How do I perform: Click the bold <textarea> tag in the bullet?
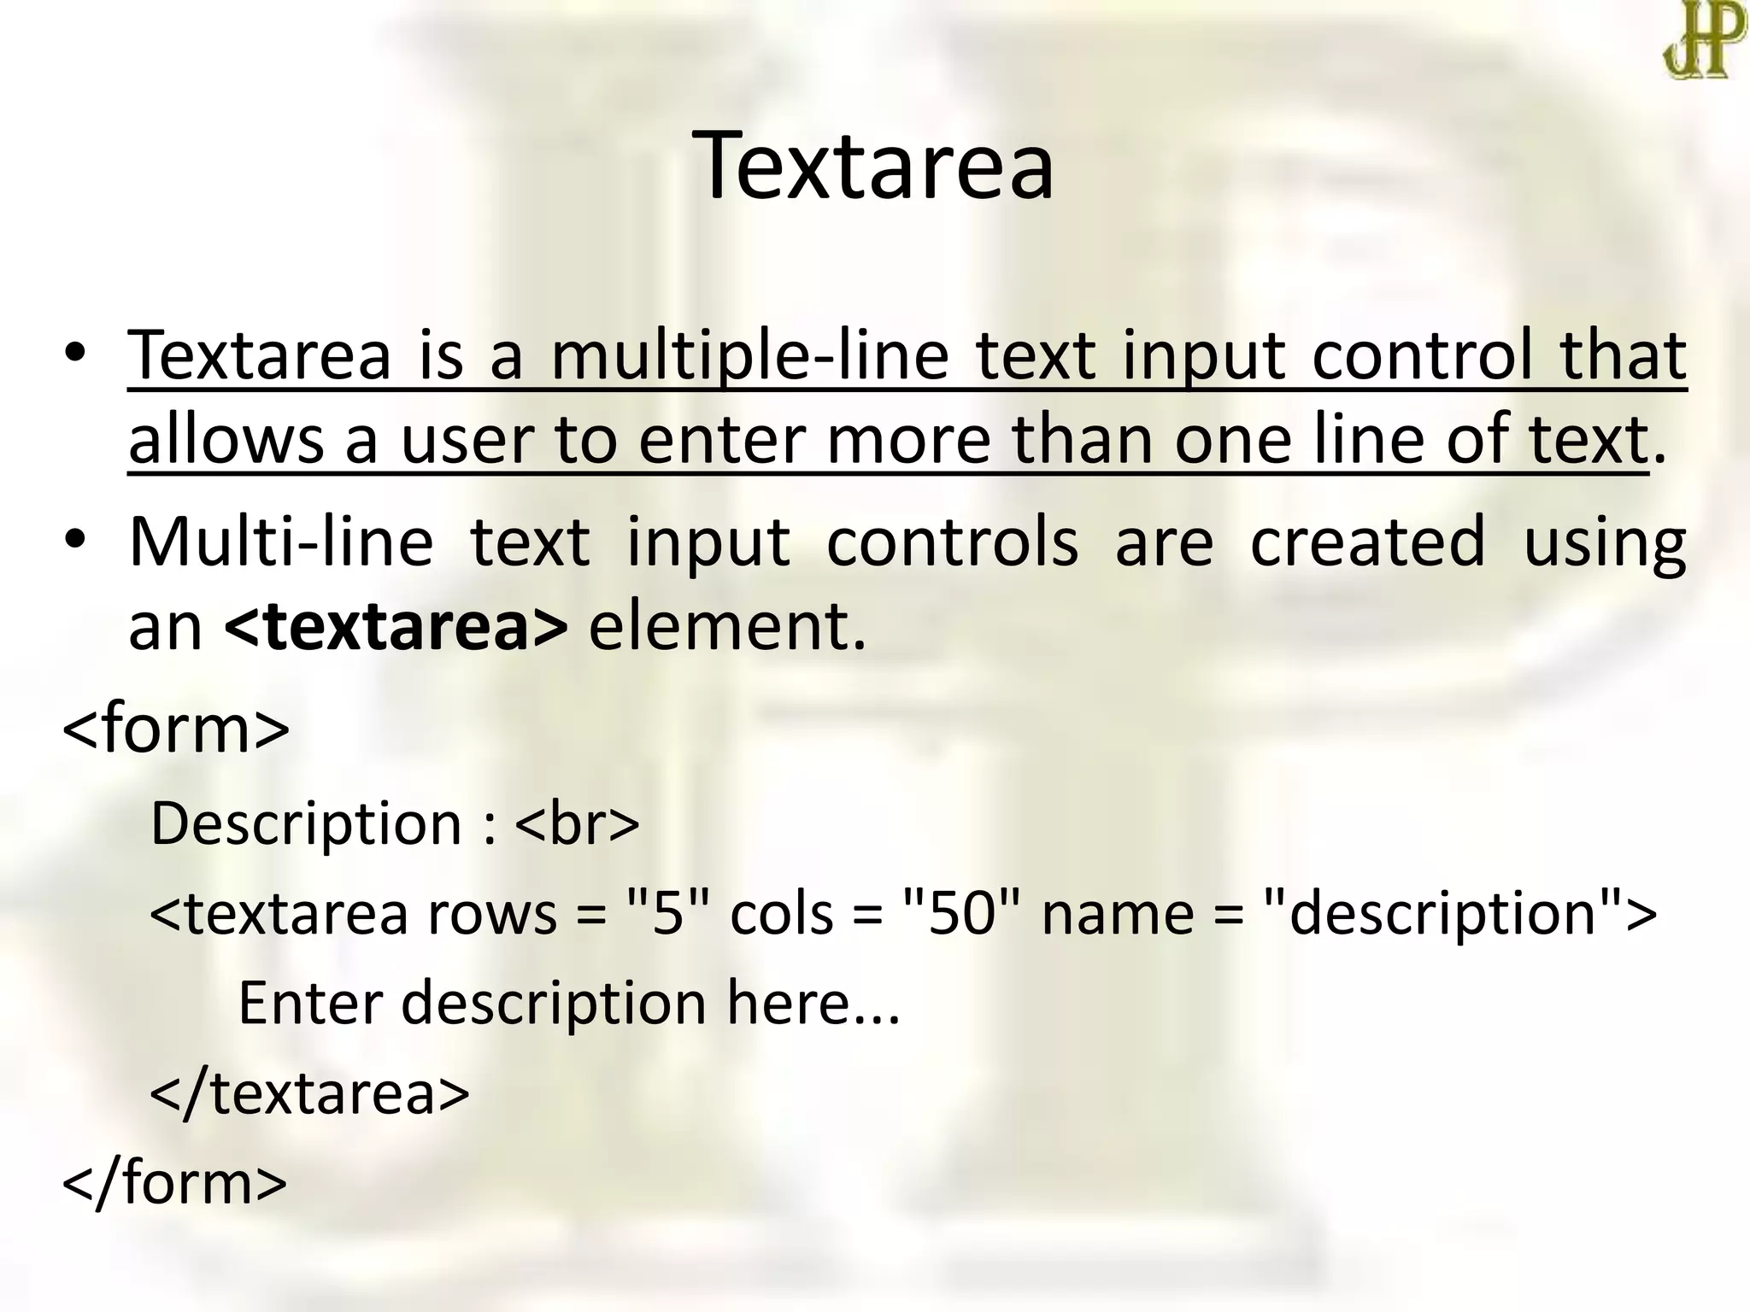coord(396,626)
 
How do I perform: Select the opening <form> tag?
coord(176,728)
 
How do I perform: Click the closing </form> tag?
coord(174,1183)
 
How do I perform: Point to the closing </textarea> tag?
coord(309,1092)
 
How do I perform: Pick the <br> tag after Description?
coord(578,823)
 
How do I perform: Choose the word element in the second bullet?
coord(726,626)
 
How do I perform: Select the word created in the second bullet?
coord(1367,542)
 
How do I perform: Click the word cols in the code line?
coord(781,912)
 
